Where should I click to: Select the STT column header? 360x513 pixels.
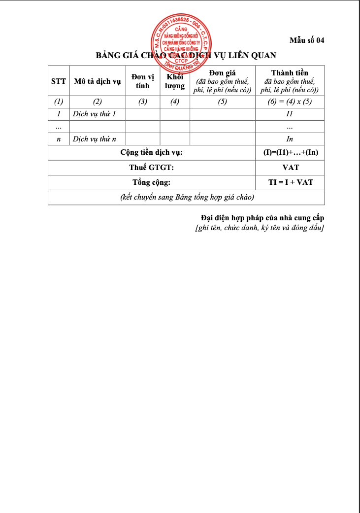[59, 81]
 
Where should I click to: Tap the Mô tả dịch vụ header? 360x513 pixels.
[98, 81]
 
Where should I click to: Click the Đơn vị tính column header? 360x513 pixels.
[142, 81]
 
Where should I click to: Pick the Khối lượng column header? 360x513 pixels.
[174, 81]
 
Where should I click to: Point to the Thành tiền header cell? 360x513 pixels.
[290, 81]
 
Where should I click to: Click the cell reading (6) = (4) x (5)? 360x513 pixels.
[290, 102]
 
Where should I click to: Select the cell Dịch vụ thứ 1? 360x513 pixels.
[94, 114]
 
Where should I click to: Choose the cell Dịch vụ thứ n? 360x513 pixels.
[94, 139]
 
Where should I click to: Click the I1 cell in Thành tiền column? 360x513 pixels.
[290, 114]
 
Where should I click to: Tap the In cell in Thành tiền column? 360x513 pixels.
[290, 139]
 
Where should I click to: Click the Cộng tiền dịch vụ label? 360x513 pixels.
[151, 153]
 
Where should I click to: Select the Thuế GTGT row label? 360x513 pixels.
[151, 168]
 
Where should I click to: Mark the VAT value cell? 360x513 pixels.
[290, 168]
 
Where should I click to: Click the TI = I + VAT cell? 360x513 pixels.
[290, 182]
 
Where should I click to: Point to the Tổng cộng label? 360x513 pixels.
[151, 182]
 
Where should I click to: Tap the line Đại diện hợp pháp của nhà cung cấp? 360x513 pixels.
[262, 218]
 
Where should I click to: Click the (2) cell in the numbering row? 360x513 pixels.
[98, 102]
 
